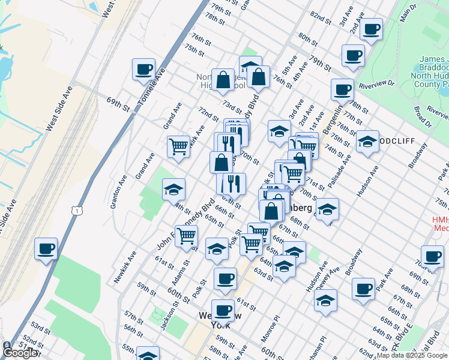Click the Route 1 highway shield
tap(76, 209)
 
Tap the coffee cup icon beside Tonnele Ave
tap(144, 69)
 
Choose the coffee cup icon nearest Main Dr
tap(371, 28)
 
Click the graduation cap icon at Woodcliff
tap(367, 141)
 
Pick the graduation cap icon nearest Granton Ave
tap(173, 190)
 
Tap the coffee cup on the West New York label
tap(223, 310)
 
